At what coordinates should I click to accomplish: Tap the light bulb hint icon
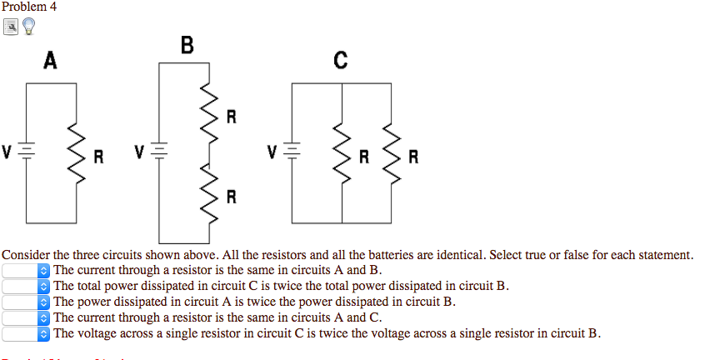29,27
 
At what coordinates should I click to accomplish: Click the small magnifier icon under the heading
10,27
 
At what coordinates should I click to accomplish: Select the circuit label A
51,61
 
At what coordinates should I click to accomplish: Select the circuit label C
340,61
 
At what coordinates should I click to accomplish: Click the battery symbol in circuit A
27,152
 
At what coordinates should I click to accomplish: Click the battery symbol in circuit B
160,152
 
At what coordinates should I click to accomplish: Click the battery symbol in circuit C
292,152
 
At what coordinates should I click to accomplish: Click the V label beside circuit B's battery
139,152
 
